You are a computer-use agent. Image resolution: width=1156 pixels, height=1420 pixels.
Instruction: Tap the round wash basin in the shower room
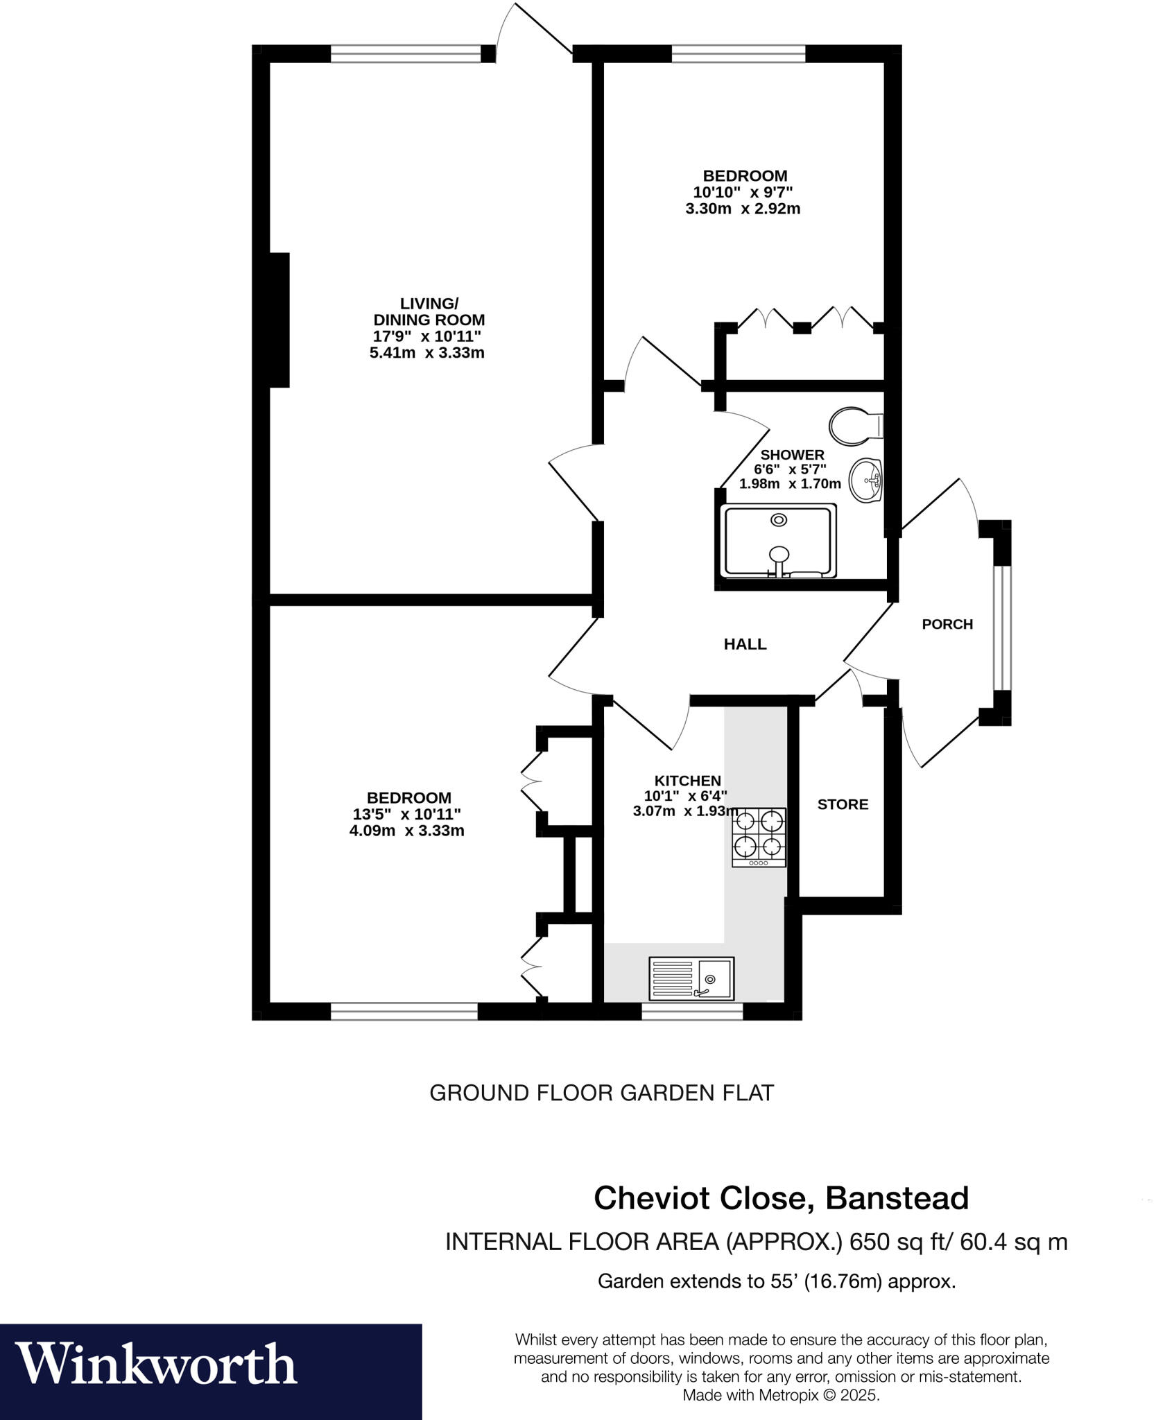coord(865,478)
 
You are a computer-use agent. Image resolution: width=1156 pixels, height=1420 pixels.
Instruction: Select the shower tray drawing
coord(778,542)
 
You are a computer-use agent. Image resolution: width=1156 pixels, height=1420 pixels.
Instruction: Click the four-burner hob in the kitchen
coord(759,836)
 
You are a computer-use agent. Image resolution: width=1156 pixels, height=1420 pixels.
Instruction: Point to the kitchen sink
coord(691,978)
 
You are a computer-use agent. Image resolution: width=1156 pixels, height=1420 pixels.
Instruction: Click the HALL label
coord(745,644)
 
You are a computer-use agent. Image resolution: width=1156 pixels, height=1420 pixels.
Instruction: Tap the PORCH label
coord(947,624)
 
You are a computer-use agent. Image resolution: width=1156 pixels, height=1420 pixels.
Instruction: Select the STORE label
coord(842,804)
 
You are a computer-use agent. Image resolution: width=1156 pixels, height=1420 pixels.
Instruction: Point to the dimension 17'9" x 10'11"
coord(427,336)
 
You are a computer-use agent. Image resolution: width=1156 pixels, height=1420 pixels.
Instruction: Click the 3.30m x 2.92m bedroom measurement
coord(743,208)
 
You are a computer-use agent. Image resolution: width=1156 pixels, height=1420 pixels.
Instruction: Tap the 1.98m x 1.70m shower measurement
coord(789,484)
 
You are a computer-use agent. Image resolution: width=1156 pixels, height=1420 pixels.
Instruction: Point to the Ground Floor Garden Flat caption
coord(601,1093)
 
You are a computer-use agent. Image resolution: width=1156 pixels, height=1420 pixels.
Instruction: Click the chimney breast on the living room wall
coord(279,320)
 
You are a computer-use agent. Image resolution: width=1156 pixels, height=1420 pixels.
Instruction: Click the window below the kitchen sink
coord(691,1012)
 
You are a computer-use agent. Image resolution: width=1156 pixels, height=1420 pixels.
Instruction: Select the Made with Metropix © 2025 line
coord(781,1395)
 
